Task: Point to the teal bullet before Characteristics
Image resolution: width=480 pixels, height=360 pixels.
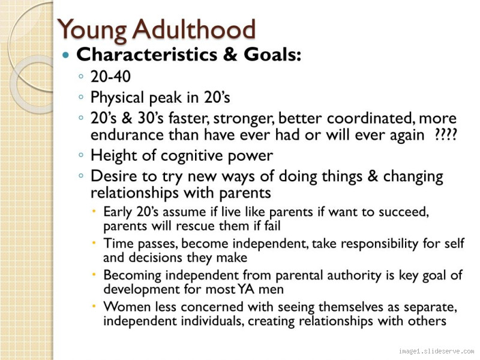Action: pos(67,56)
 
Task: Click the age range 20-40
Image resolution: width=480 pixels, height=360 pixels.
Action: pos(110,77)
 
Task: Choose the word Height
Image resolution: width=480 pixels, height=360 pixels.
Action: pos(110,155)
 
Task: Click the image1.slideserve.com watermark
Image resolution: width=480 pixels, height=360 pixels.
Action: pos(436,352)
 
